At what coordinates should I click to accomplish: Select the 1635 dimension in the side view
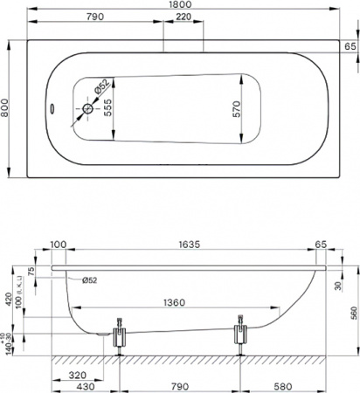185,246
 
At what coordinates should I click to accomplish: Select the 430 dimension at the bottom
86,386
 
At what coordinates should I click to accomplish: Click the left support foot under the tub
121,335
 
